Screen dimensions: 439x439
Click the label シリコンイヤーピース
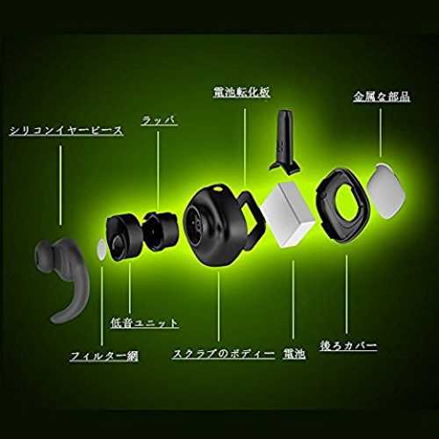click(x=66, y=131)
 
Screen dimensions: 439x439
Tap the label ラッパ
click(x=159, y=120)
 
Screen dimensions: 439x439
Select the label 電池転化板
click(x=241, y=92)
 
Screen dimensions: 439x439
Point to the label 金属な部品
click(x=381, y=97)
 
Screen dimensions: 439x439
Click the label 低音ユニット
click(x=144, y=322)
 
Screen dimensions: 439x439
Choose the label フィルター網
click(x=104, y=356)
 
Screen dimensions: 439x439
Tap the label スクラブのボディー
click(x=224, y=354)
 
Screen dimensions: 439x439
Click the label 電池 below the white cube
click(x=294, y=354)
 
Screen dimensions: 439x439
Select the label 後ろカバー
click(x=349, y=346)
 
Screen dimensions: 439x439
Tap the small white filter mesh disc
click(x=100, y=249)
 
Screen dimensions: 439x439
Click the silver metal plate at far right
click(x=385, y=191)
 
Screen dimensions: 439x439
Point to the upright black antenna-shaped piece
click(x=284, y=142)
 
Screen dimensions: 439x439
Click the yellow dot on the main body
click(x=218, y=189)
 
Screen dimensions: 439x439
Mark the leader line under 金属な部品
click(x=380, y=133)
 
